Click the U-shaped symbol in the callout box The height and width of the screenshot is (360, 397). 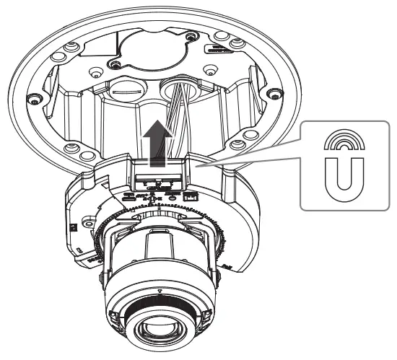[x=345, y=178]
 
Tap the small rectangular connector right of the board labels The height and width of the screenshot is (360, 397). [x=191, y=196]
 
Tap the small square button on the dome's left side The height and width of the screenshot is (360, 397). [x=75, y=225]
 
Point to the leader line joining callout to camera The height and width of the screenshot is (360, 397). [x=245, y=154]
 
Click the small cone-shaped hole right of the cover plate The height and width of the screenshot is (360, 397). [x=210, y=70]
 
